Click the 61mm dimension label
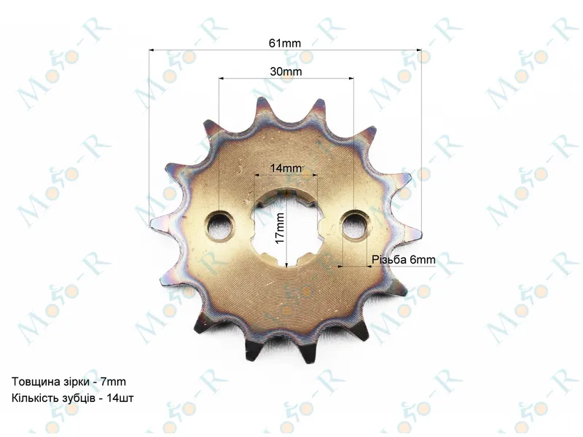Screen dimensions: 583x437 click(x=285, y=43)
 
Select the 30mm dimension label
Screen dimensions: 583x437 click(x=286, y=71)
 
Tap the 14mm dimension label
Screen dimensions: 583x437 click(x=286, y=168)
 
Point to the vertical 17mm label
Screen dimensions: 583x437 click(x=280, y=228)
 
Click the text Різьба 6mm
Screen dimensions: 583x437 click(x=404, y=259)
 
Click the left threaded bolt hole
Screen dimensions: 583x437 click(x=219, y=226)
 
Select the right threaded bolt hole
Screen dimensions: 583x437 click(x=356, y=226)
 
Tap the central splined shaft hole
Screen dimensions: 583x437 click(x=286, y=228)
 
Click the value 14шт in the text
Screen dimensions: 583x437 click(x=120, y=398)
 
